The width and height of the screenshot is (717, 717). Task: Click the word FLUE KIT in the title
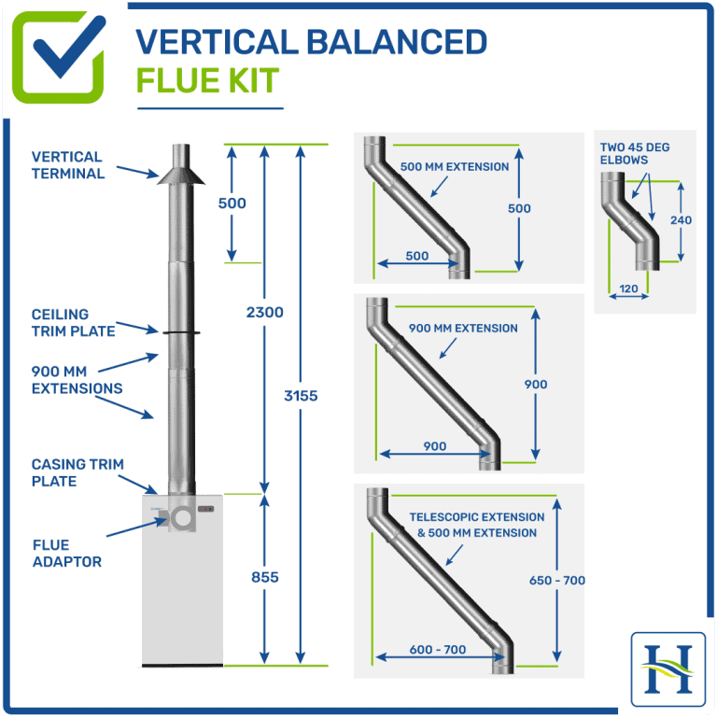(207, 80)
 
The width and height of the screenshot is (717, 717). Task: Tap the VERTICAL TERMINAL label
(68, 165)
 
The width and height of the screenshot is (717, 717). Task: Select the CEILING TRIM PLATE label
(74, 323)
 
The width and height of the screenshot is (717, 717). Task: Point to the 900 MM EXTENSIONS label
(77, 380)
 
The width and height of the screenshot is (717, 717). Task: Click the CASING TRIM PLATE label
(77, 472)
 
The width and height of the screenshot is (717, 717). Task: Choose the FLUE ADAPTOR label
(66, 553)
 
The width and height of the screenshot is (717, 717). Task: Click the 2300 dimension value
(265, 313)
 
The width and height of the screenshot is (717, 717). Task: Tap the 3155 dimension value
(300, 395)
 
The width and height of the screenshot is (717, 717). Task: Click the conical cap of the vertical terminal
(180, 177)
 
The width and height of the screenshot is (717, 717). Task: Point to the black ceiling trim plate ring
(180, 330)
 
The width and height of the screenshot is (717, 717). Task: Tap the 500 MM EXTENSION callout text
(455, 167)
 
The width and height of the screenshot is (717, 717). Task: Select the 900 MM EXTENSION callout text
(463, 329)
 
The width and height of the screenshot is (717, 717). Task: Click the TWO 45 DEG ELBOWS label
(635, 154)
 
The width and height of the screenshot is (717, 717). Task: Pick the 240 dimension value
(682, 220)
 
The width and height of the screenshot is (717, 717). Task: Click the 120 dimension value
(628, 289)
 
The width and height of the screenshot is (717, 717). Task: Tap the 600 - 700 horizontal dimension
(438, 650)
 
